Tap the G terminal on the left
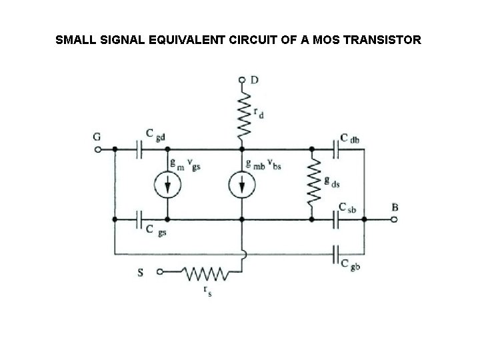[x=98, y=150]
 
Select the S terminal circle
[x=159, y=272]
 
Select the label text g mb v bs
[x=264, y=163]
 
